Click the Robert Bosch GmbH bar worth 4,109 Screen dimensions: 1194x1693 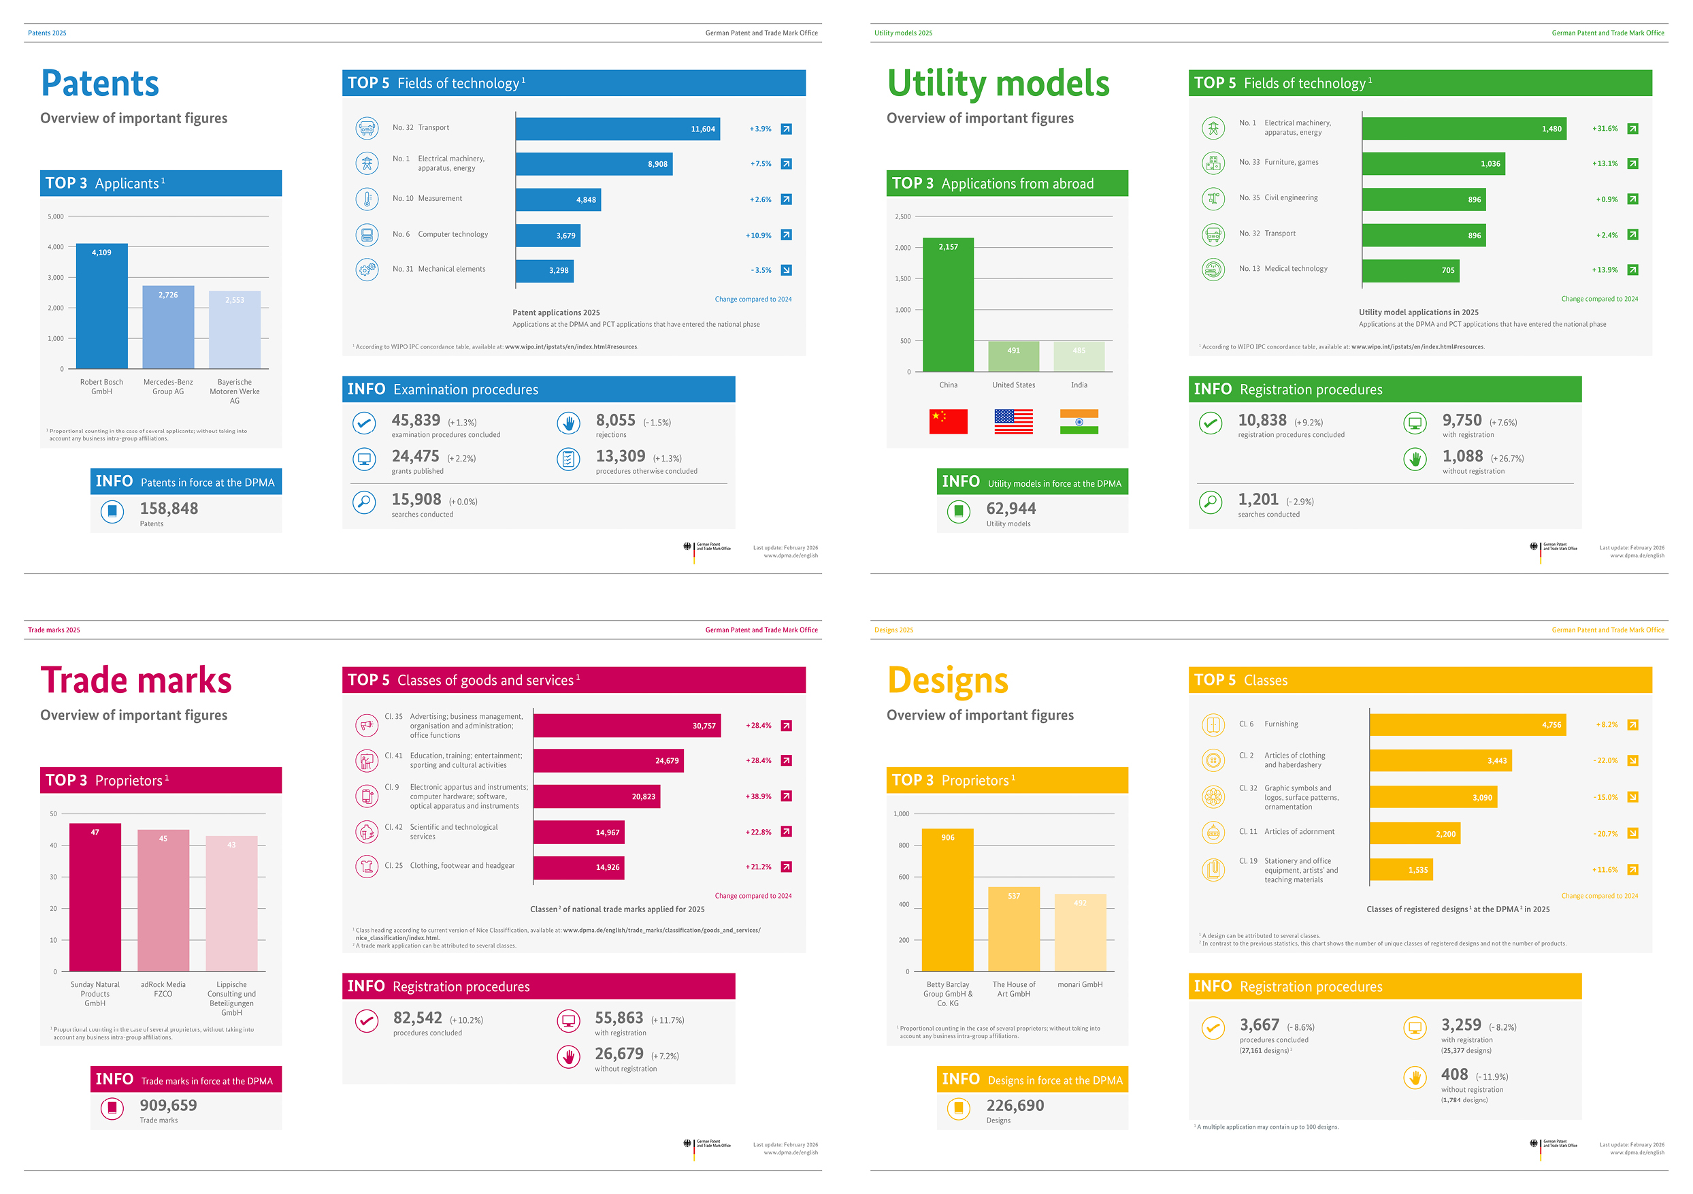(102, 306)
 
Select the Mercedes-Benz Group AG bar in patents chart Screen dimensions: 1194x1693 (168, 327)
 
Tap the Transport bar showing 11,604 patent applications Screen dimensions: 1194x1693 (617, 129)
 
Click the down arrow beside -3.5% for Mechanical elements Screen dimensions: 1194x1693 (786, 270)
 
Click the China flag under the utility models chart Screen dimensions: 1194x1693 (949, 421)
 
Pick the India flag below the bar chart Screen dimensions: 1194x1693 (1079, 421)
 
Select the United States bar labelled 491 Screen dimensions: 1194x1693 (1014, 356)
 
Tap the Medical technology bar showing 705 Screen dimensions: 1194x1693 (1410, 271)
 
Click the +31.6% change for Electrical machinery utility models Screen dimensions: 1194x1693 (1605, 129)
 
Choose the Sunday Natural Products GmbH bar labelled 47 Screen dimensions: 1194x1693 (95, 897)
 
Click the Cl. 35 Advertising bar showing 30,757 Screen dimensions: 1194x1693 (627, 726)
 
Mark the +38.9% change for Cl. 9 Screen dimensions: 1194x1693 (758, 796)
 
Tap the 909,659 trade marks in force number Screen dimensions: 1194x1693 (169, 1105)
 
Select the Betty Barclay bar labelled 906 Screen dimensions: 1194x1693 (947, 900)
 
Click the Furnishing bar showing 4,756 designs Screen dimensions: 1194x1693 (1467, 725)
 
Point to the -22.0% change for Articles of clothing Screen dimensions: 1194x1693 (1605, 760)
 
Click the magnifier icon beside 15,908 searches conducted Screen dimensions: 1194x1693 (364, 502)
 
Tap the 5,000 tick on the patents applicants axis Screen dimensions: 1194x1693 (56, 217)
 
